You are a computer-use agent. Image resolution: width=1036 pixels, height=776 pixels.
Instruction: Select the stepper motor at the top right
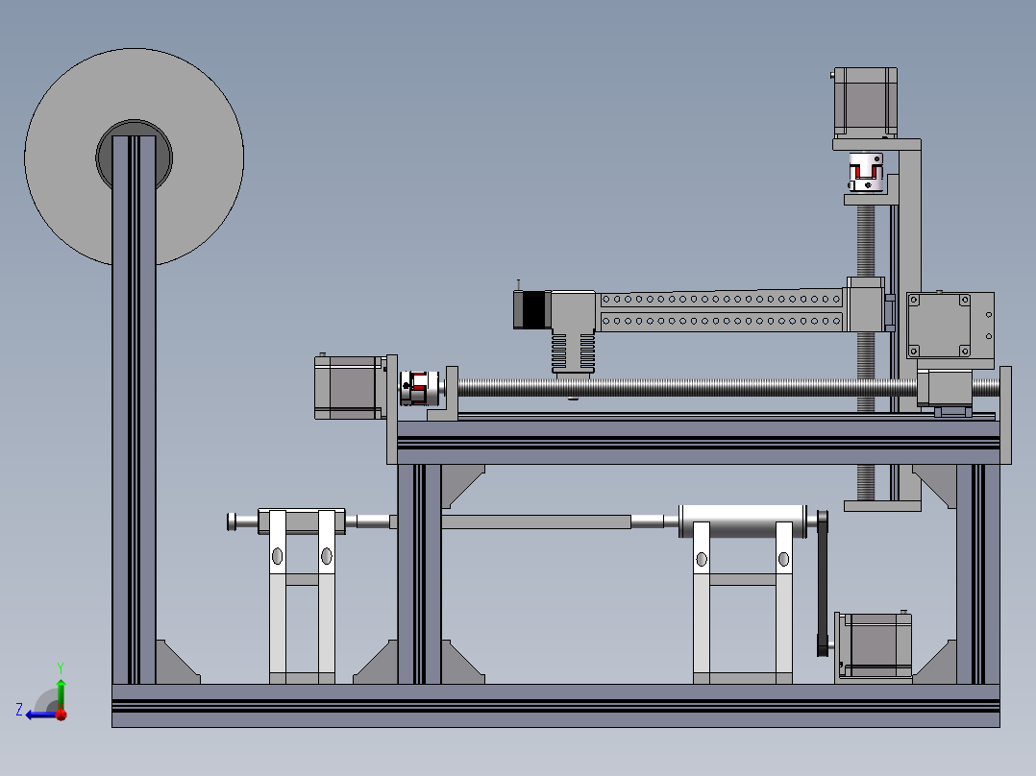click(x=865, y=103)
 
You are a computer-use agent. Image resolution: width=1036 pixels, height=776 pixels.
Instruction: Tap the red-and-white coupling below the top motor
click(x=866, y=172)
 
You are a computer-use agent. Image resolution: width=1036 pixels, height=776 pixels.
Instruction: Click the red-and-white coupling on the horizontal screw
click(x=419, y=388)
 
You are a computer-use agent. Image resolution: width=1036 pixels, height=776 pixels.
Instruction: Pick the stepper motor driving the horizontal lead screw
click(x=350, y=388)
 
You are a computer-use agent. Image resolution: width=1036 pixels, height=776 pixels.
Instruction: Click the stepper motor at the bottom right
click(x=875, y=646)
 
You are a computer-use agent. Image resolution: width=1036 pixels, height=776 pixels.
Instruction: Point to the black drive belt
click(x=823, y=584)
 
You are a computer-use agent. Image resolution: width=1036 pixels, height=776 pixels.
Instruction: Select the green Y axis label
click(x=61, y=667)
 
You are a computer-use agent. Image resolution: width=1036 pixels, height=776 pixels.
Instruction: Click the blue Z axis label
click(x=19, y=710)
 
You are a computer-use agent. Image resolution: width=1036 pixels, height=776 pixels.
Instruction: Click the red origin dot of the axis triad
click(x=62, y=714)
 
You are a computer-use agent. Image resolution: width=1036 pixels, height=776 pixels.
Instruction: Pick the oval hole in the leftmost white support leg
click(x=278, y=556)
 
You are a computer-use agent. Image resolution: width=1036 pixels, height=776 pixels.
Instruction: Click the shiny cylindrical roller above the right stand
click(x=743, y=521)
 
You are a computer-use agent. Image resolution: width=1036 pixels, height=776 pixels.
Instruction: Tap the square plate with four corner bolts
click(x=939, y=326)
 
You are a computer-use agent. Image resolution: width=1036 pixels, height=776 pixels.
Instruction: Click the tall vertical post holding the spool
click(x=135, y=409)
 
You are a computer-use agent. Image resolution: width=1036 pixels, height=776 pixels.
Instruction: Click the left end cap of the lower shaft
click(x=232, y=521)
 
